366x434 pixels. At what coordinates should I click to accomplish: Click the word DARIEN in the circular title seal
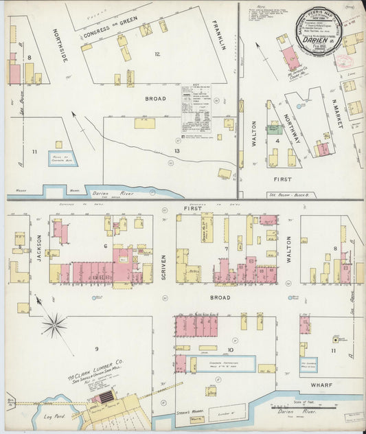[315, 40]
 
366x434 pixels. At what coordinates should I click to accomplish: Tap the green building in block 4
[275, 128]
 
